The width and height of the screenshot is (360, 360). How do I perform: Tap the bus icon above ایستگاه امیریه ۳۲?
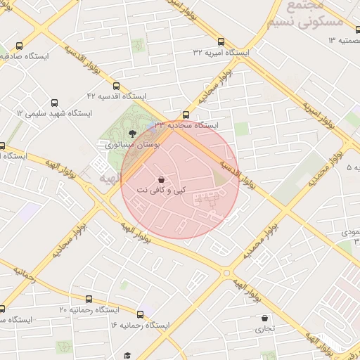point(221,41)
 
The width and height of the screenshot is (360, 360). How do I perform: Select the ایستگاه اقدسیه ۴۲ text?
point(116,95)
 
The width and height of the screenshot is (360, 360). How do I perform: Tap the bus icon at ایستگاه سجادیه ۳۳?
point(186,115)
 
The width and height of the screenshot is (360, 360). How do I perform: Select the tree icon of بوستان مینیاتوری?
point(133,133)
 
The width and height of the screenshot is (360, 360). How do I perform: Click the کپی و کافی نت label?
point(162,190)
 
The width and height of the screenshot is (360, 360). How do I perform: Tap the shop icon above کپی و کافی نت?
point(162,179)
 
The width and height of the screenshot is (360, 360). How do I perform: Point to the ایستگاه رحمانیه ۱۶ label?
point(140,325)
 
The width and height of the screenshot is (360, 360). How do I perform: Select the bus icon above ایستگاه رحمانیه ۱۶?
point(140,314)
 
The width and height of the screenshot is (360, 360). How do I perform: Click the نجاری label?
point(264,328)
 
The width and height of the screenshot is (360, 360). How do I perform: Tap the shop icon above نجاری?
point(264,318)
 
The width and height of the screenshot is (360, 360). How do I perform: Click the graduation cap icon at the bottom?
point(127,356)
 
